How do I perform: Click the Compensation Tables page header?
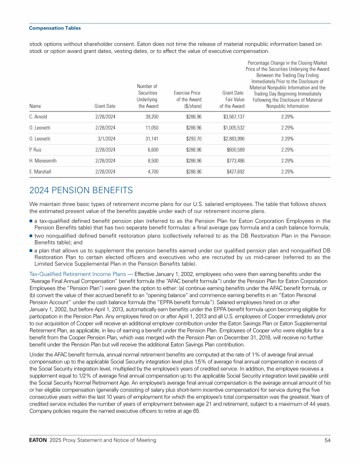pyautogui.click(x=55, y=28)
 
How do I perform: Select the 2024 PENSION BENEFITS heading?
pyautogui.click(x=81, y=190)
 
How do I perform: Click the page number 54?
pyautogui.click(x=327, y=440)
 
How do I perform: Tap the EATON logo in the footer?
pyautogui.click(x=39, y=440)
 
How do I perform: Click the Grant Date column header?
pyautogui.click(x=105, y=106)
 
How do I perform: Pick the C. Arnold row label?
pyautogui.click(x=38, y=116)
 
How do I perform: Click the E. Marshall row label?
pyautogui.click(x=40, y=172)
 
